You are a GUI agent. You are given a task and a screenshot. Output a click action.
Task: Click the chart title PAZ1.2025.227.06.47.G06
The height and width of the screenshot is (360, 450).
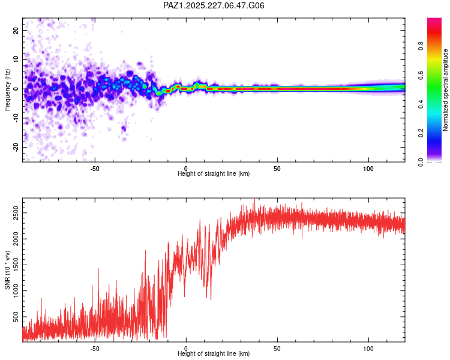click(x=214, y=5)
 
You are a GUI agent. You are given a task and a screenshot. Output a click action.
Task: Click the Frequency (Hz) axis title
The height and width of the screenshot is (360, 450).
click(x=7, y=90)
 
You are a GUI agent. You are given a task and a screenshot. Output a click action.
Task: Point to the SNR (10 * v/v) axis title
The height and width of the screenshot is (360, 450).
click(x=7, y=270)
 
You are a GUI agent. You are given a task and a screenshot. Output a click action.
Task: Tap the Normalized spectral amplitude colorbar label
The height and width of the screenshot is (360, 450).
click(x=445, y=90)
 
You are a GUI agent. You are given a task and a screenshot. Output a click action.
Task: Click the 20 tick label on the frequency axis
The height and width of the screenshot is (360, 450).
click(x=16, y=31)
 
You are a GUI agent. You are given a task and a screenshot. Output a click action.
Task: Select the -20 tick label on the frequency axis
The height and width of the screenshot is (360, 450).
click(x=16, y=148)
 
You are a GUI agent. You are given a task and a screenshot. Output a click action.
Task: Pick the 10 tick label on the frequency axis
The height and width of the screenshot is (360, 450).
click(x=16, y=59)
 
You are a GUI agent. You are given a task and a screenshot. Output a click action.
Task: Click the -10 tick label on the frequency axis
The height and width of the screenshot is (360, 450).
click(x=16, y=118)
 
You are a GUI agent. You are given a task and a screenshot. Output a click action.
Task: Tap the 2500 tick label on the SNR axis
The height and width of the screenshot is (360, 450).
click(x=16, y=213)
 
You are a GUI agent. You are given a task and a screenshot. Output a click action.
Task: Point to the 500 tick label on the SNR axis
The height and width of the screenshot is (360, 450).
click(x=16, y=317)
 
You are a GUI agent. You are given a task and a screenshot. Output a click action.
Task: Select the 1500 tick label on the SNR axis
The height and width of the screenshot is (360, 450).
click(x=16, y=265)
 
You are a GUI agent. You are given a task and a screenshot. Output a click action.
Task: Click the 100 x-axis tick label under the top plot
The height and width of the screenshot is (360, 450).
click(x=368, y=169)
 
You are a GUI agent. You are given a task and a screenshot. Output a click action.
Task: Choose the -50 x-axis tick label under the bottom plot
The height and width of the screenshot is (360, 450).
click(x=95, y=349)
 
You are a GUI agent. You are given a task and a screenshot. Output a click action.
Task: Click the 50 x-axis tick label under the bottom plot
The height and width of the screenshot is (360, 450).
click(x=277, y=349)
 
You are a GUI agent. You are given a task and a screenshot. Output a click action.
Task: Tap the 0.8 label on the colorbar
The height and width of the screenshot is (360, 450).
click(x=421, y=46)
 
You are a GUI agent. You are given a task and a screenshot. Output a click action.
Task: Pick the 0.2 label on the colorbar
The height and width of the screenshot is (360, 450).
click(x=421, y=133)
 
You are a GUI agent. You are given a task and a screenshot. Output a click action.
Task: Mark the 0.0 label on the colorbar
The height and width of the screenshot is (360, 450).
click(x=421, y=162)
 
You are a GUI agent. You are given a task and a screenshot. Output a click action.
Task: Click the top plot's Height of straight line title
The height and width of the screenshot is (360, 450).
click(x=214, y=173)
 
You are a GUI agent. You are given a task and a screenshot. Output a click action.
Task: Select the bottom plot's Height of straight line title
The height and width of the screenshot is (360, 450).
click(x=214, y=353)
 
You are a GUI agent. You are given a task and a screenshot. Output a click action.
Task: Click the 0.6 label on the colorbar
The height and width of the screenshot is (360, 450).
click(x=421, y=75)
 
